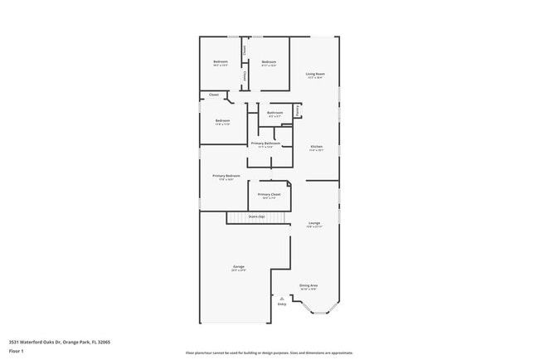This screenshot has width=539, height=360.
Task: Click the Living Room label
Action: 315,74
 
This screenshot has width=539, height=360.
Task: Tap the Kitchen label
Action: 316,147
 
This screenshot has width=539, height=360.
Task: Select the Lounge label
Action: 314,223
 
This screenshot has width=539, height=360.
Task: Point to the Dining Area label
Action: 308,285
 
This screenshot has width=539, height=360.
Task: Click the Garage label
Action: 238,266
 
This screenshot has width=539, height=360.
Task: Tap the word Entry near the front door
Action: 282,304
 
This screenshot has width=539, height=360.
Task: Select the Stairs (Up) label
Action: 256,216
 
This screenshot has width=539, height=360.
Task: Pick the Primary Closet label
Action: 269,194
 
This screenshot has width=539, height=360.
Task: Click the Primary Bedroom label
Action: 226,176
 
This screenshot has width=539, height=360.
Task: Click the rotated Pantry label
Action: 297,109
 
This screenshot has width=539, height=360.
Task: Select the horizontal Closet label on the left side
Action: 214,95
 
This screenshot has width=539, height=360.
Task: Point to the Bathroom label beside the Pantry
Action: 274,113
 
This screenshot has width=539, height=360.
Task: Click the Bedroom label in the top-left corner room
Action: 221,62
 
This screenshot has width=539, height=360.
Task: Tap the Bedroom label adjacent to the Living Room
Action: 269,62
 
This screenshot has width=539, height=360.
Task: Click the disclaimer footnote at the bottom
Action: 269,353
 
